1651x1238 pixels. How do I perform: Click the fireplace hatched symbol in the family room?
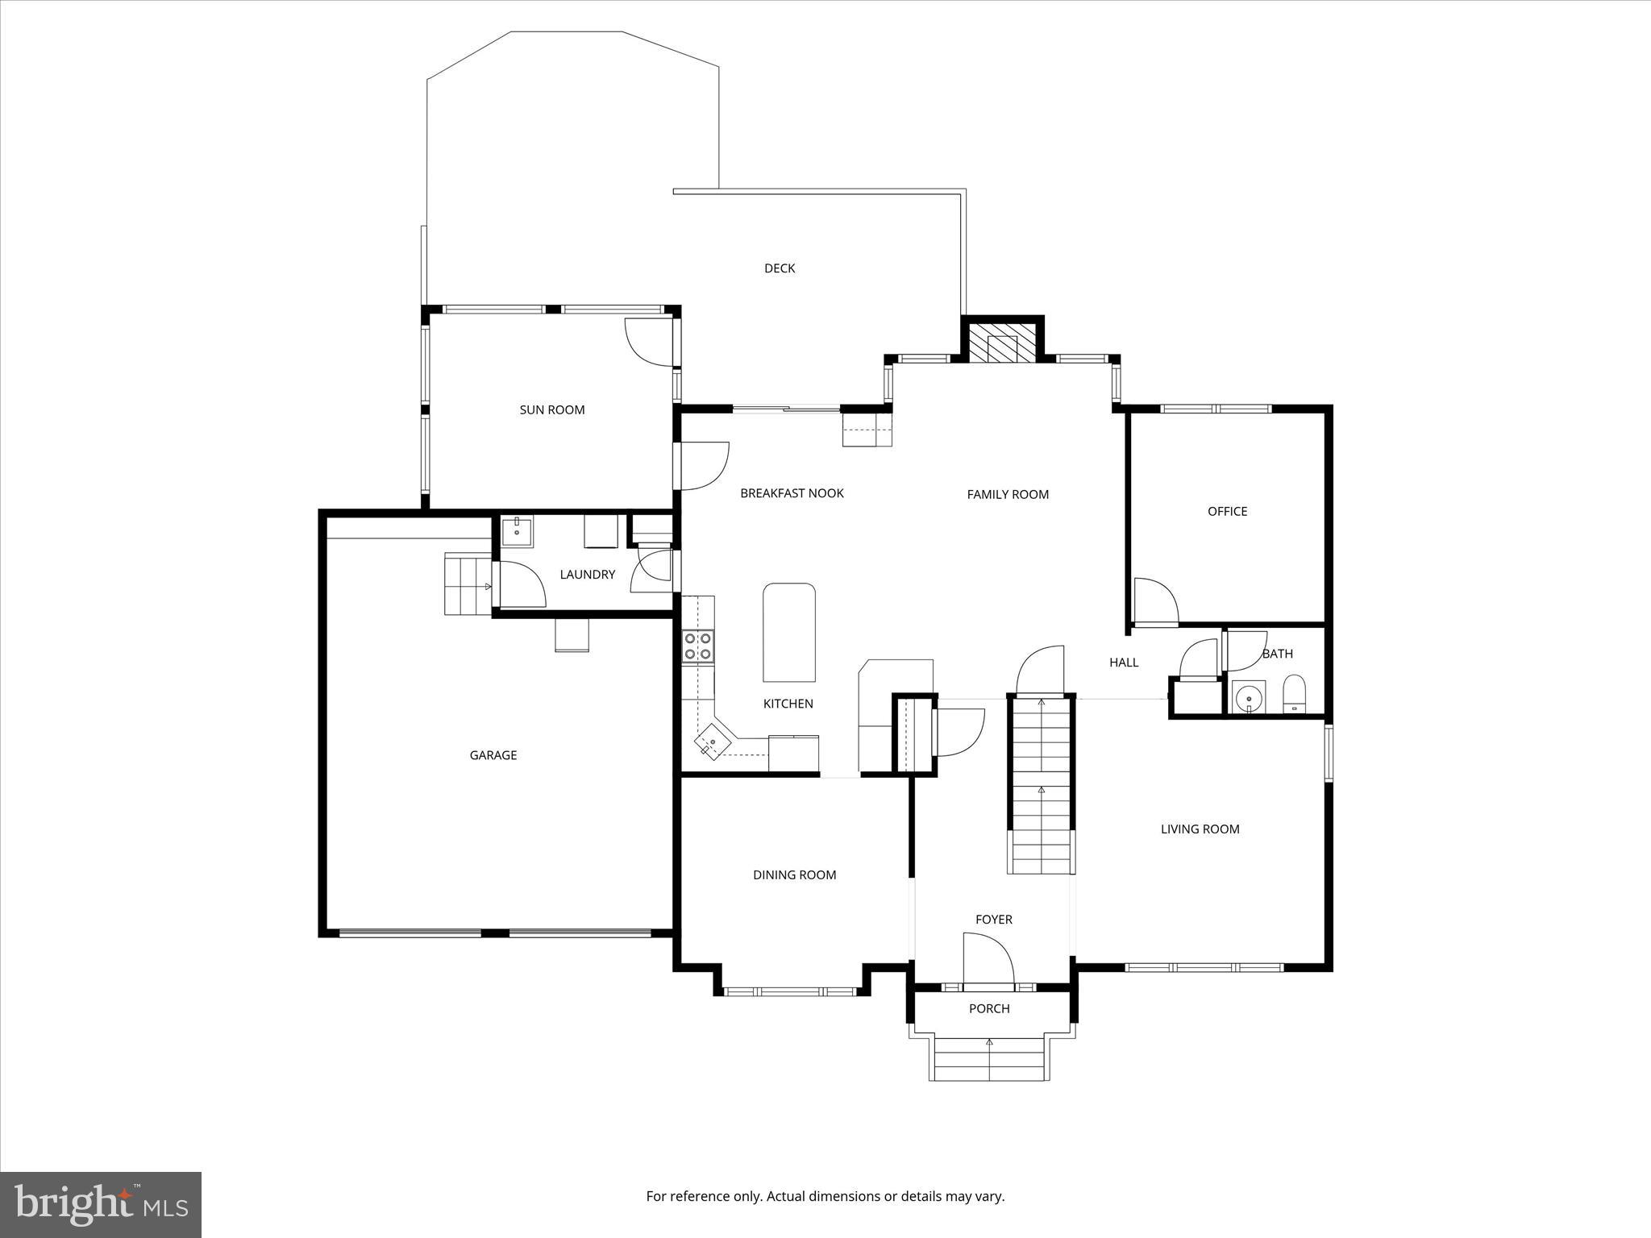[1002, 343]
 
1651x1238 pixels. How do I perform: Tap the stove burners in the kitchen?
[698, 646]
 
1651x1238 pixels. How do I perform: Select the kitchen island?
[789, 633]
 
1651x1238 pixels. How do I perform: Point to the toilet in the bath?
[1294, 694]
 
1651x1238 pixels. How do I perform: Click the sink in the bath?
[1249, 696]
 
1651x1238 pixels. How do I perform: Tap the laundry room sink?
[517, 531]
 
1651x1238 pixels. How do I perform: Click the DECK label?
[780, 268]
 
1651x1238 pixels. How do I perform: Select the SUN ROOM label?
[551, 410]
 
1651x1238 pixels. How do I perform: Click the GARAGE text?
[493, 755]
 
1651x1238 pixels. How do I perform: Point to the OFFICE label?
[1227, 512]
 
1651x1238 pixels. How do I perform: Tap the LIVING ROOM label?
[1200, 829]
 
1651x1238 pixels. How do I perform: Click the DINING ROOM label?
[794, 875]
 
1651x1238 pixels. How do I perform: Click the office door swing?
[1155, 600]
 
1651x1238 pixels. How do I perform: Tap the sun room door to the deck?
[650, 341]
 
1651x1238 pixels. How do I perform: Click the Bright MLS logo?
[101, 1205]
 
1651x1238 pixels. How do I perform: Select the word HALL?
[1124, 663]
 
